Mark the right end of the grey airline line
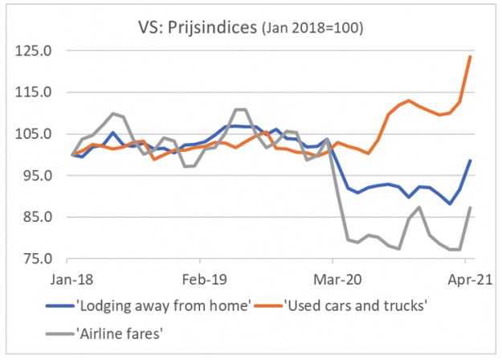click(470, 207)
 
